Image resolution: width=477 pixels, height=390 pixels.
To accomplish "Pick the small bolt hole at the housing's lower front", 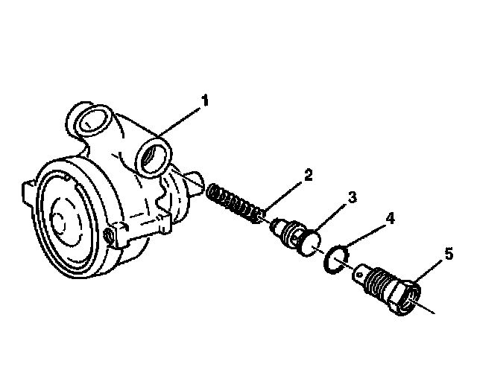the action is point(111,235).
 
